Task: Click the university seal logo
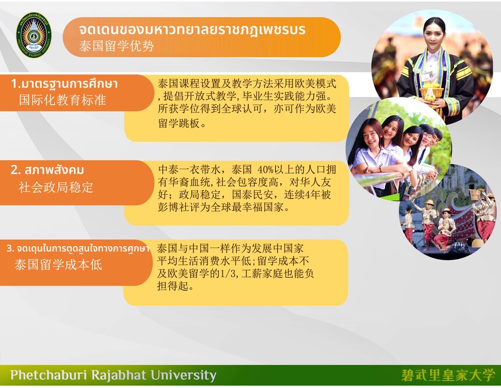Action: [34, 35]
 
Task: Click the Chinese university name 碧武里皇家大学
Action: [448, 375]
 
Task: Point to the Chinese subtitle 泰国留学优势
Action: [117, 46]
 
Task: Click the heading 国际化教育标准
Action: [62, 100]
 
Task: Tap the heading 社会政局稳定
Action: [56, 187]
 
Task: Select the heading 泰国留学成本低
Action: [58, 265]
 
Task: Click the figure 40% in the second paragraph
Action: [266, 169]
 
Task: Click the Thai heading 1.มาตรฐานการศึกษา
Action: [65, 83]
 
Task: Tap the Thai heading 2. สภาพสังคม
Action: [47, 170]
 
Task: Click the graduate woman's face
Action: [434, 34]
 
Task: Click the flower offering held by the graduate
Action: [431, 92]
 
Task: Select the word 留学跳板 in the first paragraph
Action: [179, 123]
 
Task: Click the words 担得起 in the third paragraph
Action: [172, 286]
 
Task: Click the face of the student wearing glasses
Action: [427, 138]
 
